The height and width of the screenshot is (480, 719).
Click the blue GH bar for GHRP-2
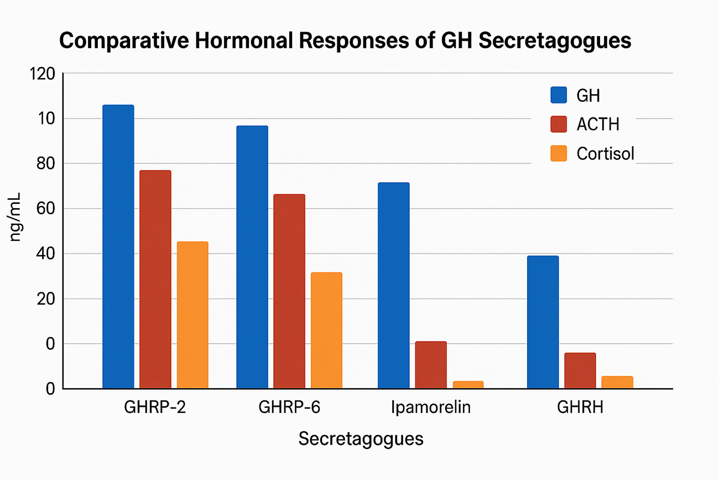tap(118, 246)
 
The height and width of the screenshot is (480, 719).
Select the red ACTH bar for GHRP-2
tap(155, 279)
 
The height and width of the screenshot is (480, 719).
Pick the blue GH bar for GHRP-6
tap(252, 257)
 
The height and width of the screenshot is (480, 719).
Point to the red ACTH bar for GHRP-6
tap(289, 291)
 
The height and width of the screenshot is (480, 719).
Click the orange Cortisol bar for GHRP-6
tap(326, 330)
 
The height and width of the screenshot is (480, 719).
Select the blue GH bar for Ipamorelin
tap(393, 285)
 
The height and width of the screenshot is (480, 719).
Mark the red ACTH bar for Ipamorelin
tap(431, 365)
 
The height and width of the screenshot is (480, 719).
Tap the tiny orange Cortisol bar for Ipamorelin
tap(468, 384)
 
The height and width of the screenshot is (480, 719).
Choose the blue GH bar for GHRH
tap(543, 322)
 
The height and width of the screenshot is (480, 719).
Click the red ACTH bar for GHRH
tap(580, 370)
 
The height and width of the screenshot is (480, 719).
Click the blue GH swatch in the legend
tap(559, 95)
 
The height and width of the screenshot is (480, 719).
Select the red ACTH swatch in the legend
tap(559, 124)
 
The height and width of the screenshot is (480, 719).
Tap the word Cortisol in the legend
tap(605, 153)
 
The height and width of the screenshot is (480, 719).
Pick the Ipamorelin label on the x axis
tap(431, 408)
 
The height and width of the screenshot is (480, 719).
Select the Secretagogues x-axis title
tap(361, 439)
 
